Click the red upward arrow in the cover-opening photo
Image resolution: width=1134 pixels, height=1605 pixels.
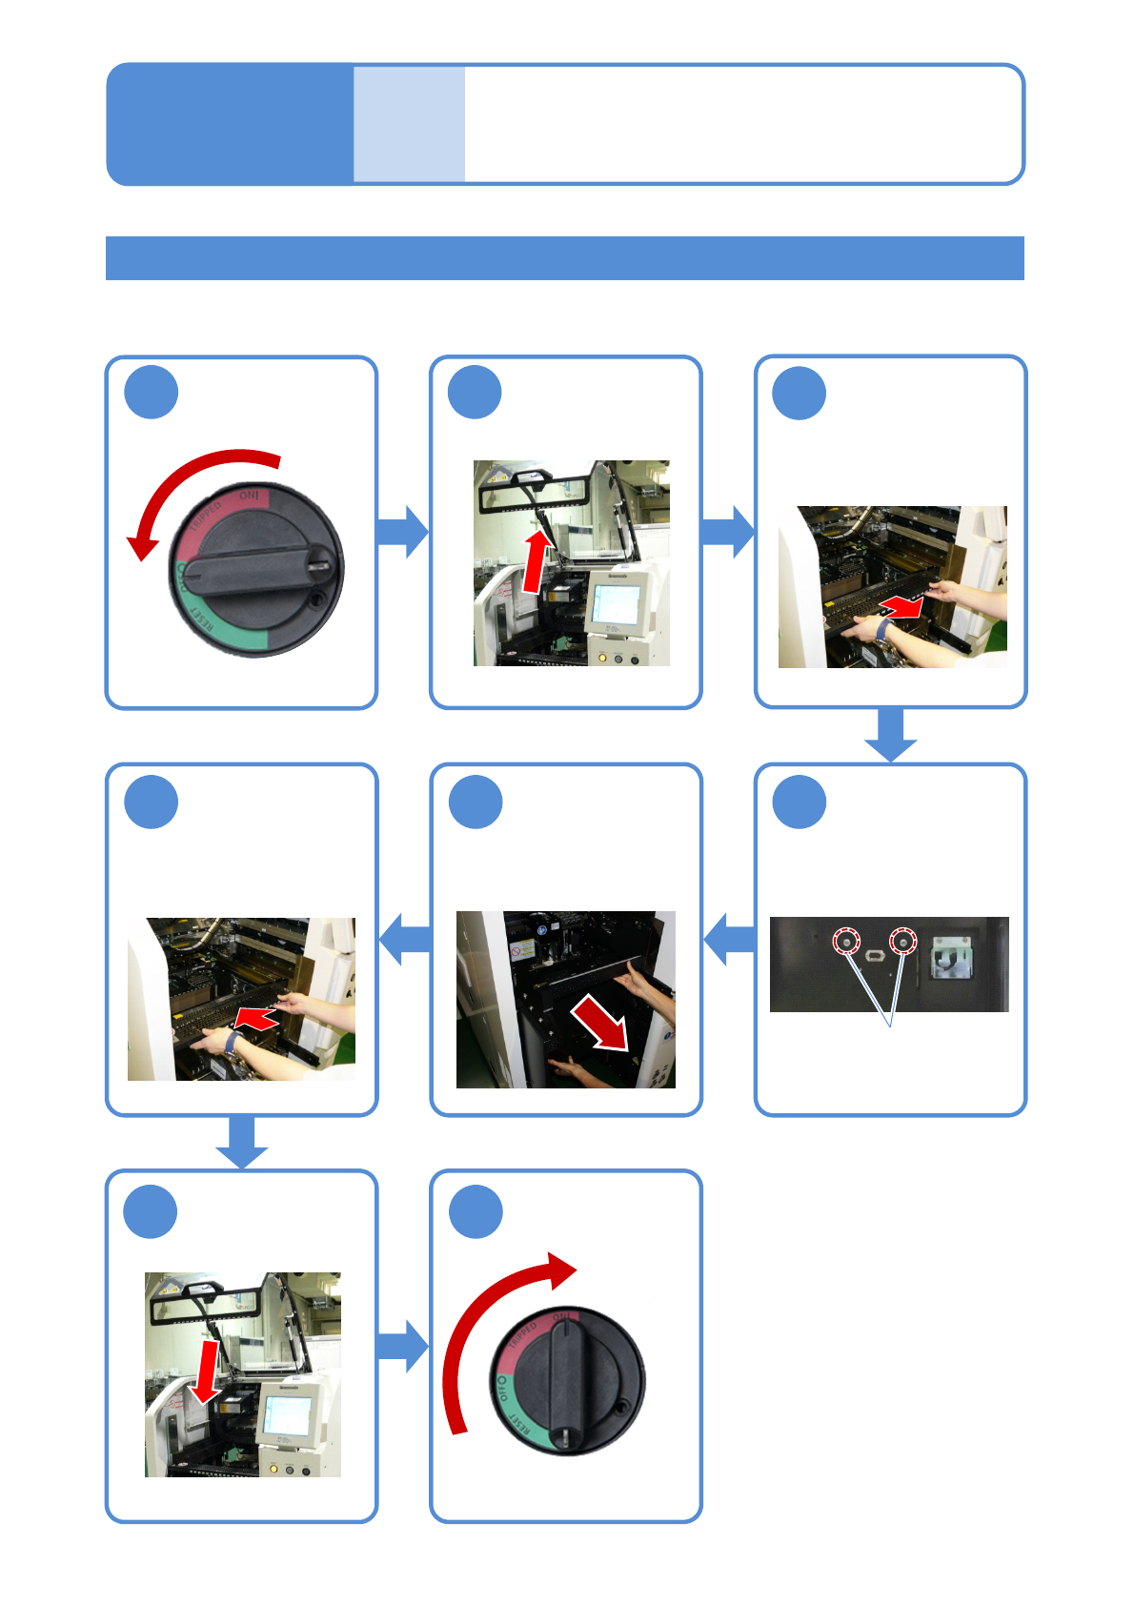(x=537, y=562)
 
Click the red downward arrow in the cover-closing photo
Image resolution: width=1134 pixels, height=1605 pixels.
(x=205, y=1372)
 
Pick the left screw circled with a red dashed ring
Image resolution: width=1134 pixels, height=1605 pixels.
(x=844, y=943)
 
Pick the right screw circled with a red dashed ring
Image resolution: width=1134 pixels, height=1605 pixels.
(x=901, y=943)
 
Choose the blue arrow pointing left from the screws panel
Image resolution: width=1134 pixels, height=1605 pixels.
(x=729, y=939)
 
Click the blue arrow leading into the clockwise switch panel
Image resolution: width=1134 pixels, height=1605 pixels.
(x=403, y=1346)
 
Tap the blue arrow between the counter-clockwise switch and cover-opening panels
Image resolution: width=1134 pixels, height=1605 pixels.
(x=403, y=532)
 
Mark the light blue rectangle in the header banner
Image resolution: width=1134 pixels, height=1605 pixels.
(x=410, y=124)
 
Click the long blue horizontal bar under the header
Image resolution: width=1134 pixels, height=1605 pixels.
(x=564, y=258)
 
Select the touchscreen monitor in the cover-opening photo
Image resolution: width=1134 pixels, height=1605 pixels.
(x=615, y=602)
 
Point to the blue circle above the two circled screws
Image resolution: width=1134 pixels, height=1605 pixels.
(x=800, y=802)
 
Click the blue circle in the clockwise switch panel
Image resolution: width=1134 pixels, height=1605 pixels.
(x=476, y=1211)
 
